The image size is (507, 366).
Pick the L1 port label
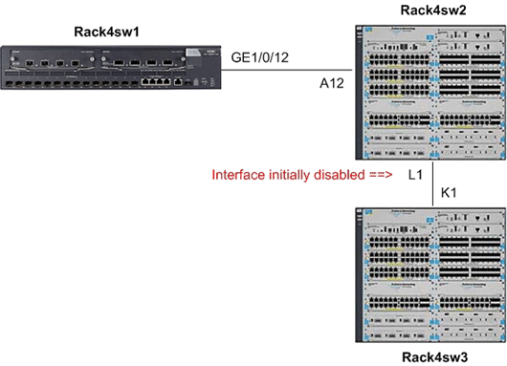414,175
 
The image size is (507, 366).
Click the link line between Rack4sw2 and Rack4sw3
433,182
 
